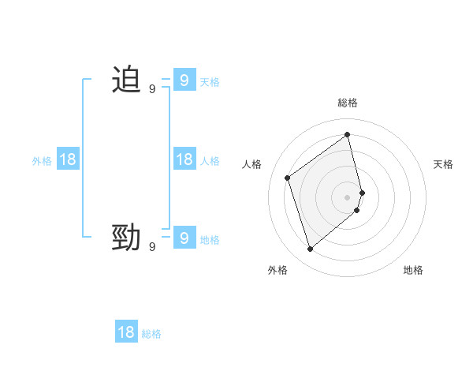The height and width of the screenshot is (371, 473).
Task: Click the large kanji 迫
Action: click(126, 81)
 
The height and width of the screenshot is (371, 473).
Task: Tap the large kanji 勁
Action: click(126, 238)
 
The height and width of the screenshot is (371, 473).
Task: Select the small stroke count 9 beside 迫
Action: click(152, 89)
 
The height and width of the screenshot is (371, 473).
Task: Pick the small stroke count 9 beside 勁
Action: click(152, 247)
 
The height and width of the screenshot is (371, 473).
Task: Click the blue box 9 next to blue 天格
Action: click(184, 81)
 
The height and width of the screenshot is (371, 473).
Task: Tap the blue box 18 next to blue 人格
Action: click(184, 159)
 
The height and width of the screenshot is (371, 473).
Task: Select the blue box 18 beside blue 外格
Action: click(68, 159)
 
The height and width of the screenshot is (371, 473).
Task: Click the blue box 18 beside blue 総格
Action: click(126, 332)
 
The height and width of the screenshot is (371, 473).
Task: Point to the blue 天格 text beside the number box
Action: click(210, 81)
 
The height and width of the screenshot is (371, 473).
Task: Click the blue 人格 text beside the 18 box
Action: click(210, 160)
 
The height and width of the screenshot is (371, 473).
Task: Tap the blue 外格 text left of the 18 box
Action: click(42, 160)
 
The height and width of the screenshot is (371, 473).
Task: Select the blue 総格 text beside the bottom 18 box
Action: click(151, 334)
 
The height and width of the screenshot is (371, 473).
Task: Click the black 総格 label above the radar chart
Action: click(348, 103)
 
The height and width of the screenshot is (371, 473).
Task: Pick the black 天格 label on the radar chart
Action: click(443, 164)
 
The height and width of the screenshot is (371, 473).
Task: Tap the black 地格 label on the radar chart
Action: click(413, 270)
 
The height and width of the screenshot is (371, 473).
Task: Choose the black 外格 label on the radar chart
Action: click(277, 270)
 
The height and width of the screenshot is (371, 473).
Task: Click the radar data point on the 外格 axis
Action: click(310, 249)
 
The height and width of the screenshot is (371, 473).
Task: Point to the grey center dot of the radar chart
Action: click(348, 197)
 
